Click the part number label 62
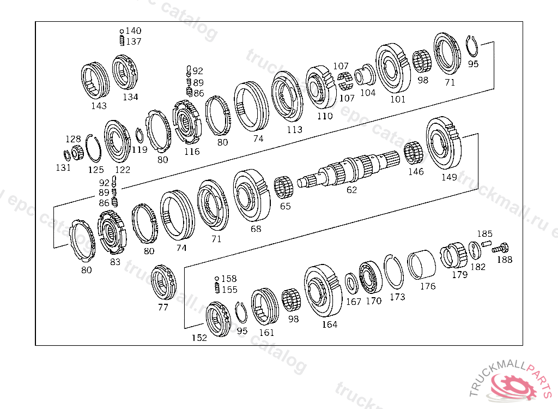[x=351, y=190]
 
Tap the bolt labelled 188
[x=500, y=248]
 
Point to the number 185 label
[x=484, y=234]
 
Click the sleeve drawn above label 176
[x=421, y=264]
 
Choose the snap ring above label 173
[x=393, y=272]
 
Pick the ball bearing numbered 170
[x=370, y=278]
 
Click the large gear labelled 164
[x=323, y=290]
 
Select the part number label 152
[x=199, y=338]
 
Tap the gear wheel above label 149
[x=444, y=143]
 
